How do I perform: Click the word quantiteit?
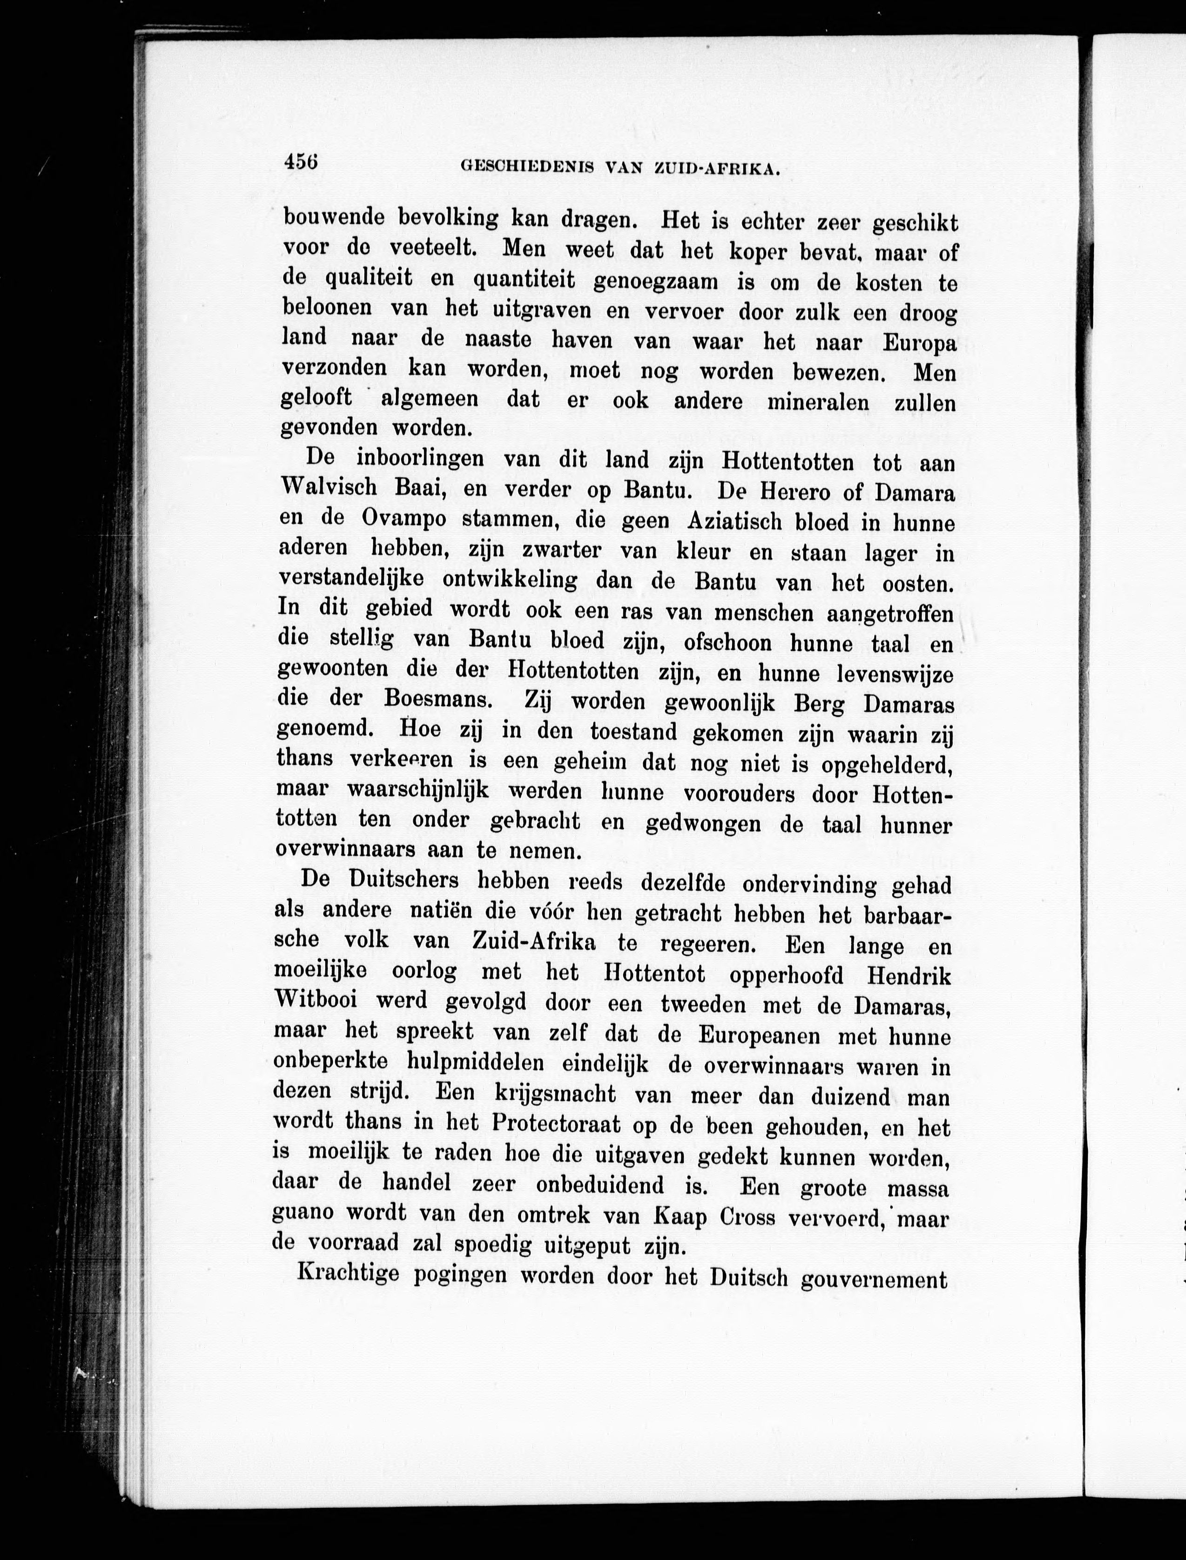tap(524, 281)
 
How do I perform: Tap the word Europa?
tap(919, 344)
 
